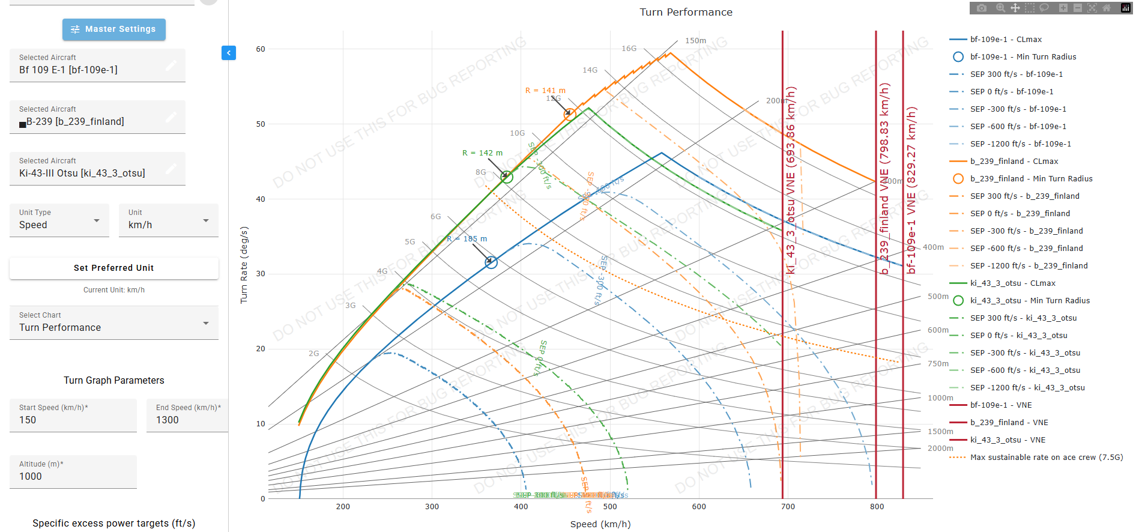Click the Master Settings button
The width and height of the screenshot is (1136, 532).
click(x=113, y=29)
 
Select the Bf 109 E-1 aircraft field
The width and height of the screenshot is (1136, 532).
click(x=97, y=65)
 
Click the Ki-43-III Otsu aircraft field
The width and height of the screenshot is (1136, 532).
click(x=97, y=169)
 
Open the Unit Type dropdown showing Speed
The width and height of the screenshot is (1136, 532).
click(x=59, y=220)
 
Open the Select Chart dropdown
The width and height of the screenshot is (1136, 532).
click(x=113, y=323)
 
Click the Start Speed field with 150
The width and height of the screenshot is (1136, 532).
click(x=73, y=416)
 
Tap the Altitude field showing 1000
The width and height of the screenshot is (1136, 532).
click(x=73, y=472)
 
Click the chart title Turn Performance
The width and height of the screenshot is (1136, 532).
click(x=686, y=12)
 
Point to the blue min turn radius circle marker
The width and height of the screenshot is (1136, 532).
click(x=491, y=262)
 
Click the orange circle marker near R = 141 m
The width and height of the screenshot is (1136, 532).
click(x=570, y=114)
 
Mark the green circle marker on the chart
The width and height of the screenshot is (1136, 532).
click(x=507, y=177)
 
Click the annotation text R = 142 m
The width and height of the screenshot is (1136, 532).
click(x=482, y=153)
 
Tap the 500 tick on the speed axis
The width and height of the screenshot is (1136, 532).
click(x=610, y=507)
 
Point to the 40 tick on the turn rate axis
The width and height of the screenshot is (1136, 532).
click(x=261, y=199)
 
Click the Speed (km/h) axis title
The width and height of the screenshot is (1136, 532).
click(x=600, y=524)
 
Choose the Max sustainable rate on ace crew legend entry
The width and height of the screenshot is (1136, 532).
click(x=1046, y=458)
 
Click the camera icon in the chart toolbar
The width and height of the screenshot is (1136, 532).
click(x=982, y=8)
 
